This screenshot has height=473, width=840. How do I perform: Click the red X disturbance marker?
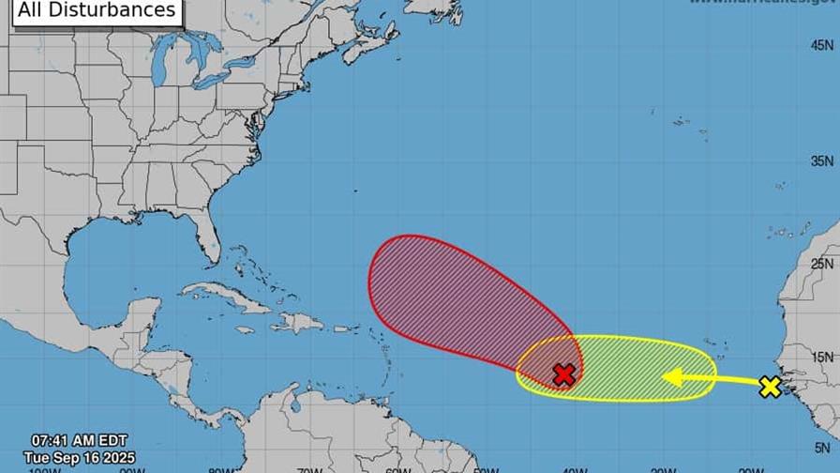[563, 375]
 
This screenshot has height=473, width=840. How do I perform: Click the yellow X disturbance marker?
[770, 387]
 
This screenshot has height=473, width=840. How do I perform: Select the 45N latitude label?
[822, 44]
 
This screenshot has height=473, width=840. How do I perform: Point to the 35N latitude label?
[822, 161]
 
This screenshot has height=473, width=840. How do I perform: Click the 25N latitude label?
[822, 264]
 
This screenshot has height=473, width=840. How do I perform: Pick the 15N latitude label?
[822, 357]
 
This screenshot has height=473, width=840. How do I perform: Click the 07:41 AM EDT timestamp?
[79, 440]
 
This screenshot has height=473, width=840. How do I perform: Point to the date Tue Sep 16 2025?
[80, 457]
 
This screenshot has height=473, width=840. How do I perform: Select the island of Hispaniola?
[296, 323]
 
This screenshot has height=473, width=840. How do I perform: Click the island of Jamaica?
[245, 330]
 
